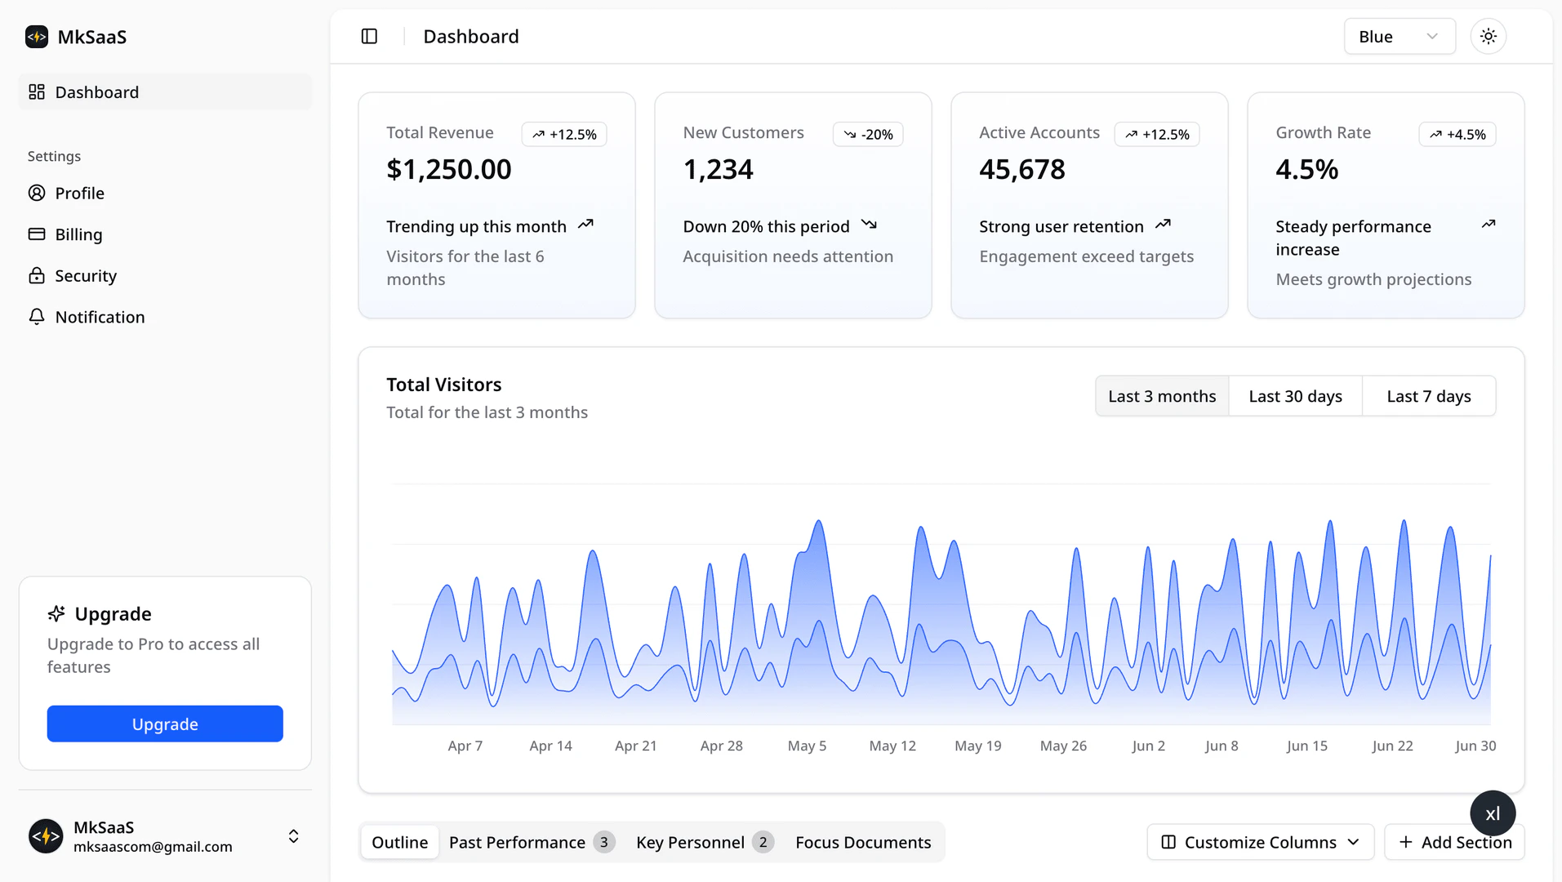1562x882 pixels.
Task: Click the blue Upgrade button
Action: [x=165, y=724]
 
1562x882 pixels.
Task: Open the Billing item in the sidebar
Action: [x=78, y=234]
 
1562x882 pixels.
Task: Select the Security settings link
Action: [x=86, y=276]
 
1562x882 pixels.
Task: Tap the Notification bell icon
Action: [x=37, y=317]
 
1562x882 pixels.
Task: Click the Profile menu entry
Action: [x=79, y=194]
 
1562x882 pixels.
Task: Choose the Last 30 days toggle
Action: [x=1295, y=396]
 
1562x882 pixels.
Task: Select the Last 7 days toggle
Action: [x=1428, y=396]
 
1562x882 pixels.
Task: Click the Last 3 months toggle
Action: [x=1161, y=396]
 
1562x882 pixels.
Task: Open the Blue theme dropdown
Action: [x=1399, y=37]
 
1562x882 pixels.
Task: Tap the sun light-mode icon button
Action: [x=1488, y=37]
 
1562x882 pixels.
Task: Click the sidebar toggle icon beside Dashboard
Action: [x=369, y=37]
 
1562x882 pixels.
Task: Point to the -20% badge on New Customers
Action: [x=868, y=134]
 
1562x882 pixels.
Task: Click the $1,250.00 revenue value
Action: [x=448, y=169]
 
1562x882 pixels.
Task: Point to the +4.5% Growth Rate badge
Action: [x=1457, y=134]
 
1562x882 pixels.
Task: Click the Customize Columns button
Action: [x=1260, y=842]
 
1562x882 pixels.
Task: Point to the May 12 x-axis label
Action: [x=892, y=746]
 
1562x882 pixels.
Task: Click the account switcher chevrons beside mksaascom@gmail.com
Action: [x=293, y=836]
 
